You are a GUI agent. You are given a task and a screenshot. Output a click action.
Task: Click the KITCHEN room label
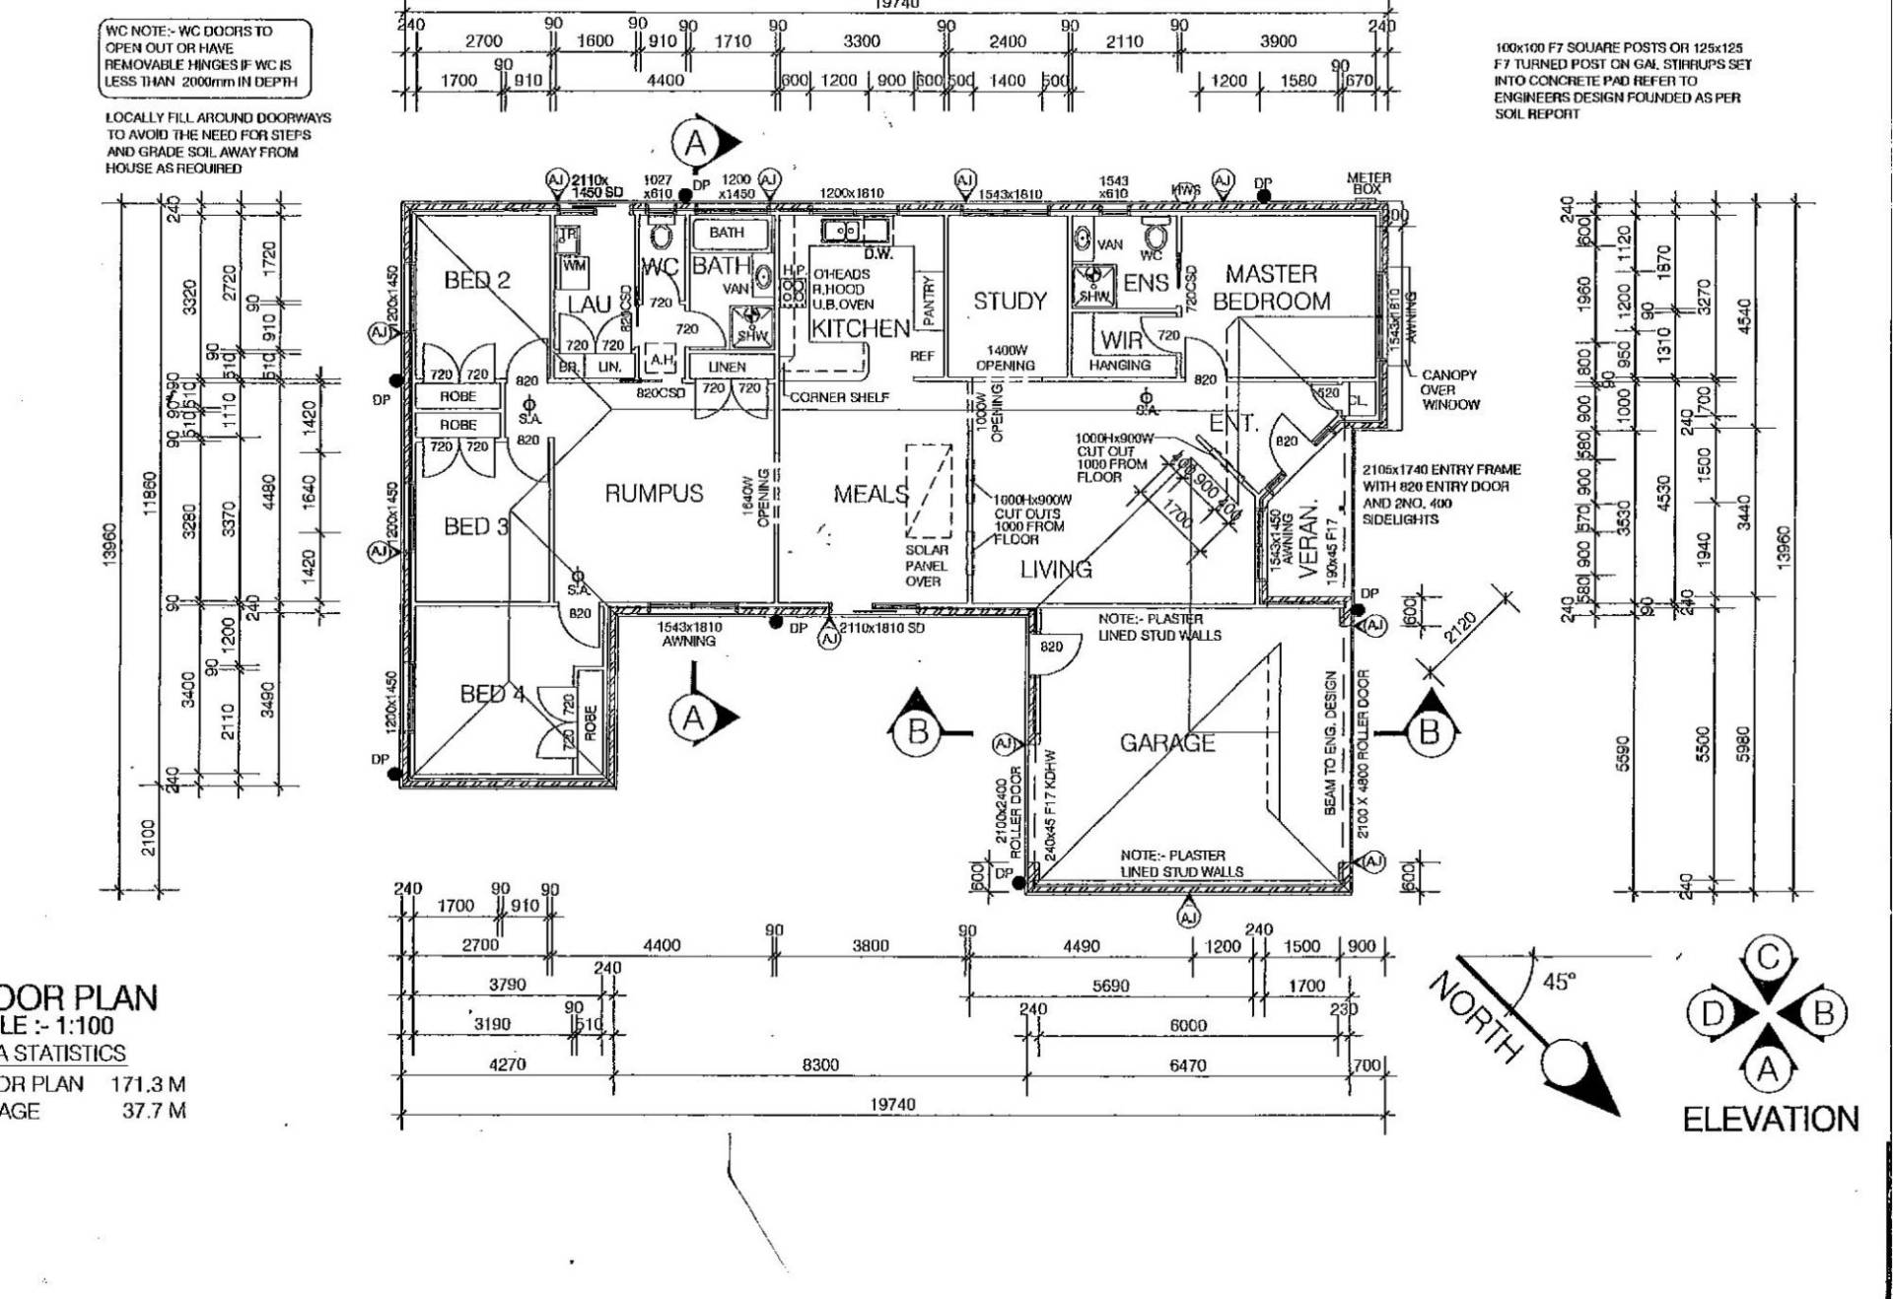[x=860, y=328]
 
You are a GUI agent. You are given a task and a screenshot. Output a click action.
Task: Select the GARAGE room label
[x=1166, y=742]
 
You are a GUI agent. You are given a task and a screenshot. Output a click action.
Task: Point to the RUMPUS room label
[x=654, y=493]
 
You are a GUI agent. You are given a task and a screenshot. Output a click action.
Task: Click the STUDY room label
[x=1010, y=301]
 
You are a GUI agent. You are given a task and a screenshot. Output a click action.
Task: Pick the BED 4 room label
[x=492, y=694]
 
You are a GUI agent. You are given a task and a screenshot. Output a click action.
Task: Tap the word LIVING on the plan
[x=1056, y=569]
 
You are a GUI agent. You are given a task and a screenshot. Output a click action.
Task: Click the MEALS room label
[x=871, y=493]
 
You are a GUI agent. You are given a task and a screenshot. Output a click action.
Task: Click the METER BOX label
[x=1368, y=182]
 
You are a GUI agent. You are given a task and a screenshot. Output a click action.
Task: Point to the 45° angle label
[x=1558, y=982]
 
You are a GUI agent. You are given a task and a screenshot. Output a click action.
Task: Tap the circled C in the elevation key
[x=1768, y=958]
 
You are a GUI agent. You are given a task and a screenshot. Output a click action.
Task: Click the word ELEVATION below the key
[x=1770, y=1120]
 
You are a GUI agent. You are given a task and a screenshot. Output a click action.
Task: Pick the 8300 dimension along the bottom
[x=820, y=1064]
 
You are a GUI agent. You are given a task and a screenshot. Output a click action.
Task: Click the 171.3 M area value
[x=148, y=1084]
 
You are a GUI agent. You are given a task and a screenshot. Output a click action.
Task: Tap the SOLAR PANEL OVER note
[x=926, y=566]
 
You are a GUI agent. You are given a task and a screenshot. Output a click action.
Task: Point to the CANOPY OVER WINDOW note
[x=1449, y=389]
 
